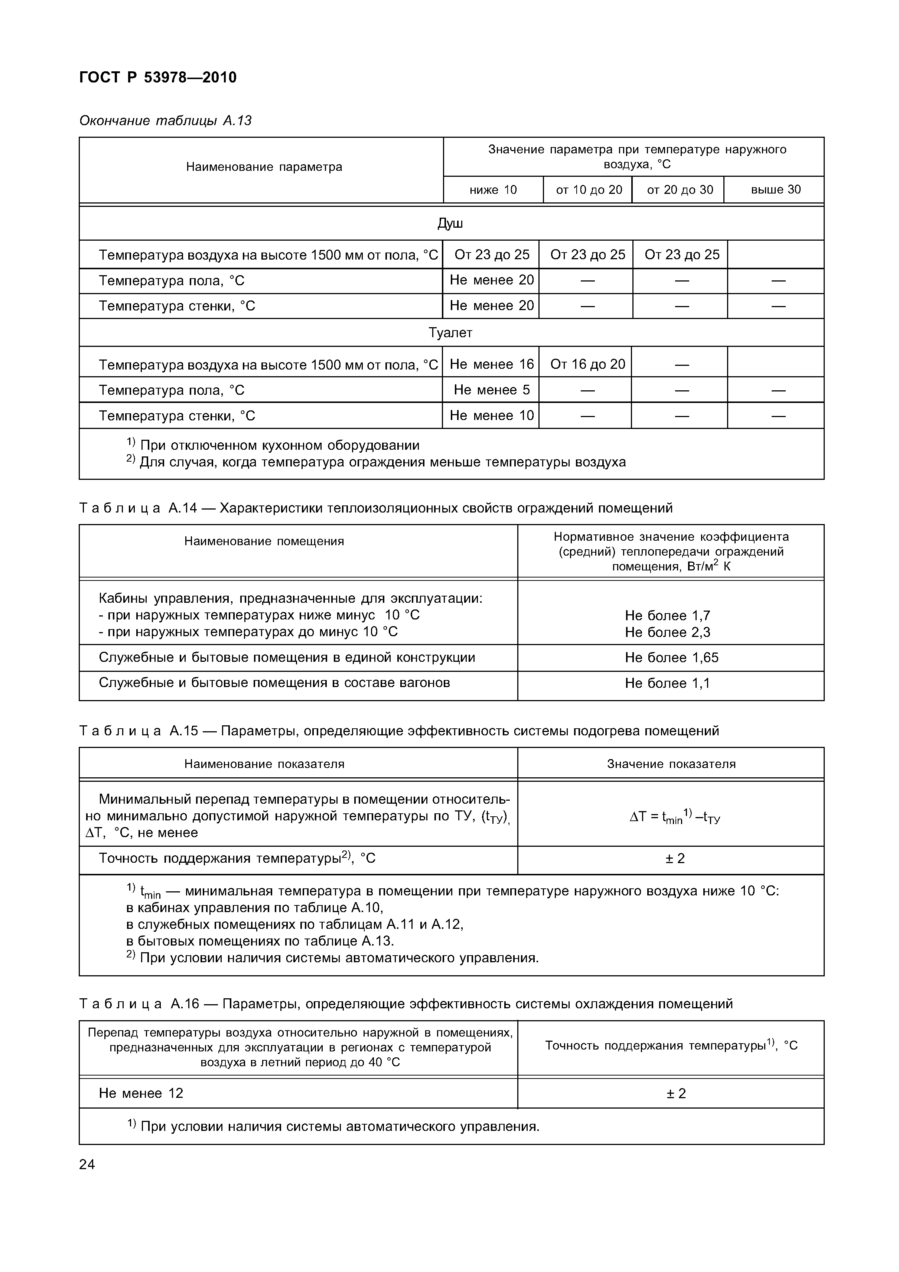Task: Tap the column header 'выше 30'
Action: tap(775, 190)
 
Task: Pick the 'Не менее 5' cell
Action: tap(491, 390)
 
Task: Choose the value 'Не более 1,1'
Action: tap(667, 683)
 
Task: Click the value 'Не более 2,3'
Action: tap(667, 632)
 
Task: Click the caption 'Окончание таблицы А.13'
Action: tap(165, 121)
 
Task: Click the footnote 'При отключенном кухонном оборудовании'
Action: tap(279, 445)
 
